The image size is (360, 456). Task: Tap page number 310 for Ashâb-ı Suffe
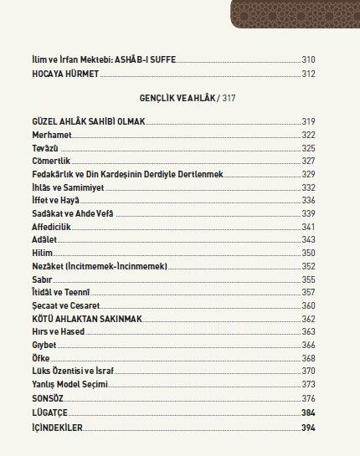tap(309, 61)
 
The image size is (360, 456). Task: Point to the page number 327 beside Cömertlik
tap(309, 161)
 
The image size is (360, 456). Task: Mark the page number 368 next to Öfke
tap(309, 358)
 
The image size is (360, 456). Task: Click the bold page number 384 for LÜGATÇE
tap(309, 413)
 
